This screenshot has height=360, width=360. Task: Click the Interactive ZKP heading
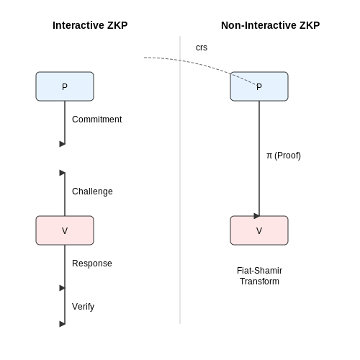click(90, 25)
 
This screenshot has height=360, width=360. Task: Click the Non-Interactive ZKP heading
click(270, 25)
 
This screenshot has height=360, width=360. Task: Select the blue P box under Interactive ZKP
click(65, 86)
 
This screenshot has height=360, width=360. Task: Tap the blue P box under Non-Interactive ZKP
click(259, 86)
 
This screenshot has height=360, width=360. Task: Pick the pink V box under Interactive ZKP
click(65, 230)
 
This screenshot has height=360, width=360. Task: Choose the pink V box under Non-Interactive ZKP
click(259, 230)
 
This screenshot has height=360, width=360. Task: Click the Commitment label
click(97, 120)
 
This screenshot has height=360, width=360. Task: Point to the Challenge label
click(92, 192)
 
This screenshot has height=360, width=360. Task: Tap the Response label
click(92, 264)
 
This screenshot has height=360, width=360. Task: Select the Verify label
click(83, 307)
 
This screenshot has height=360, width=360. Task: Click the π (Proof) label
click(284, 156)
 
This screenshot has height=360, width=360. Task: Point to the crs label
click(202, 48)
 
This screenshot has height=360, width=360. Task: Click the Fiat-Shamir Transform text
click(259, 276)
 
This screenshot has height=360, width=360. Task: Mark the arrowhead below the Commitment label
click(63, 144)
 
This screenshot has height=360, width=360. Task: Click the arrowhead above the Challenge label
click(63, 173)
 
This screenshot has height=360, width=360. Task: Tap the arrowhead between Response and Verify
click(63, 288)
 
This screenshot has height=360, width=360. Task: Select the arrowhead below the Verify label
click(63, 324)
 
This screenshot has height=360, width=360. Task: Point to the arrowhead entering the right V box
click(256, 216)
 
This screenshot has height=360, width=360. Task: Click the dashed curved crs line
click(202, 64)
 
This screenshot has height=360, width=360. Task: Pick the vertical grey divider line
click(180, 180)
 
